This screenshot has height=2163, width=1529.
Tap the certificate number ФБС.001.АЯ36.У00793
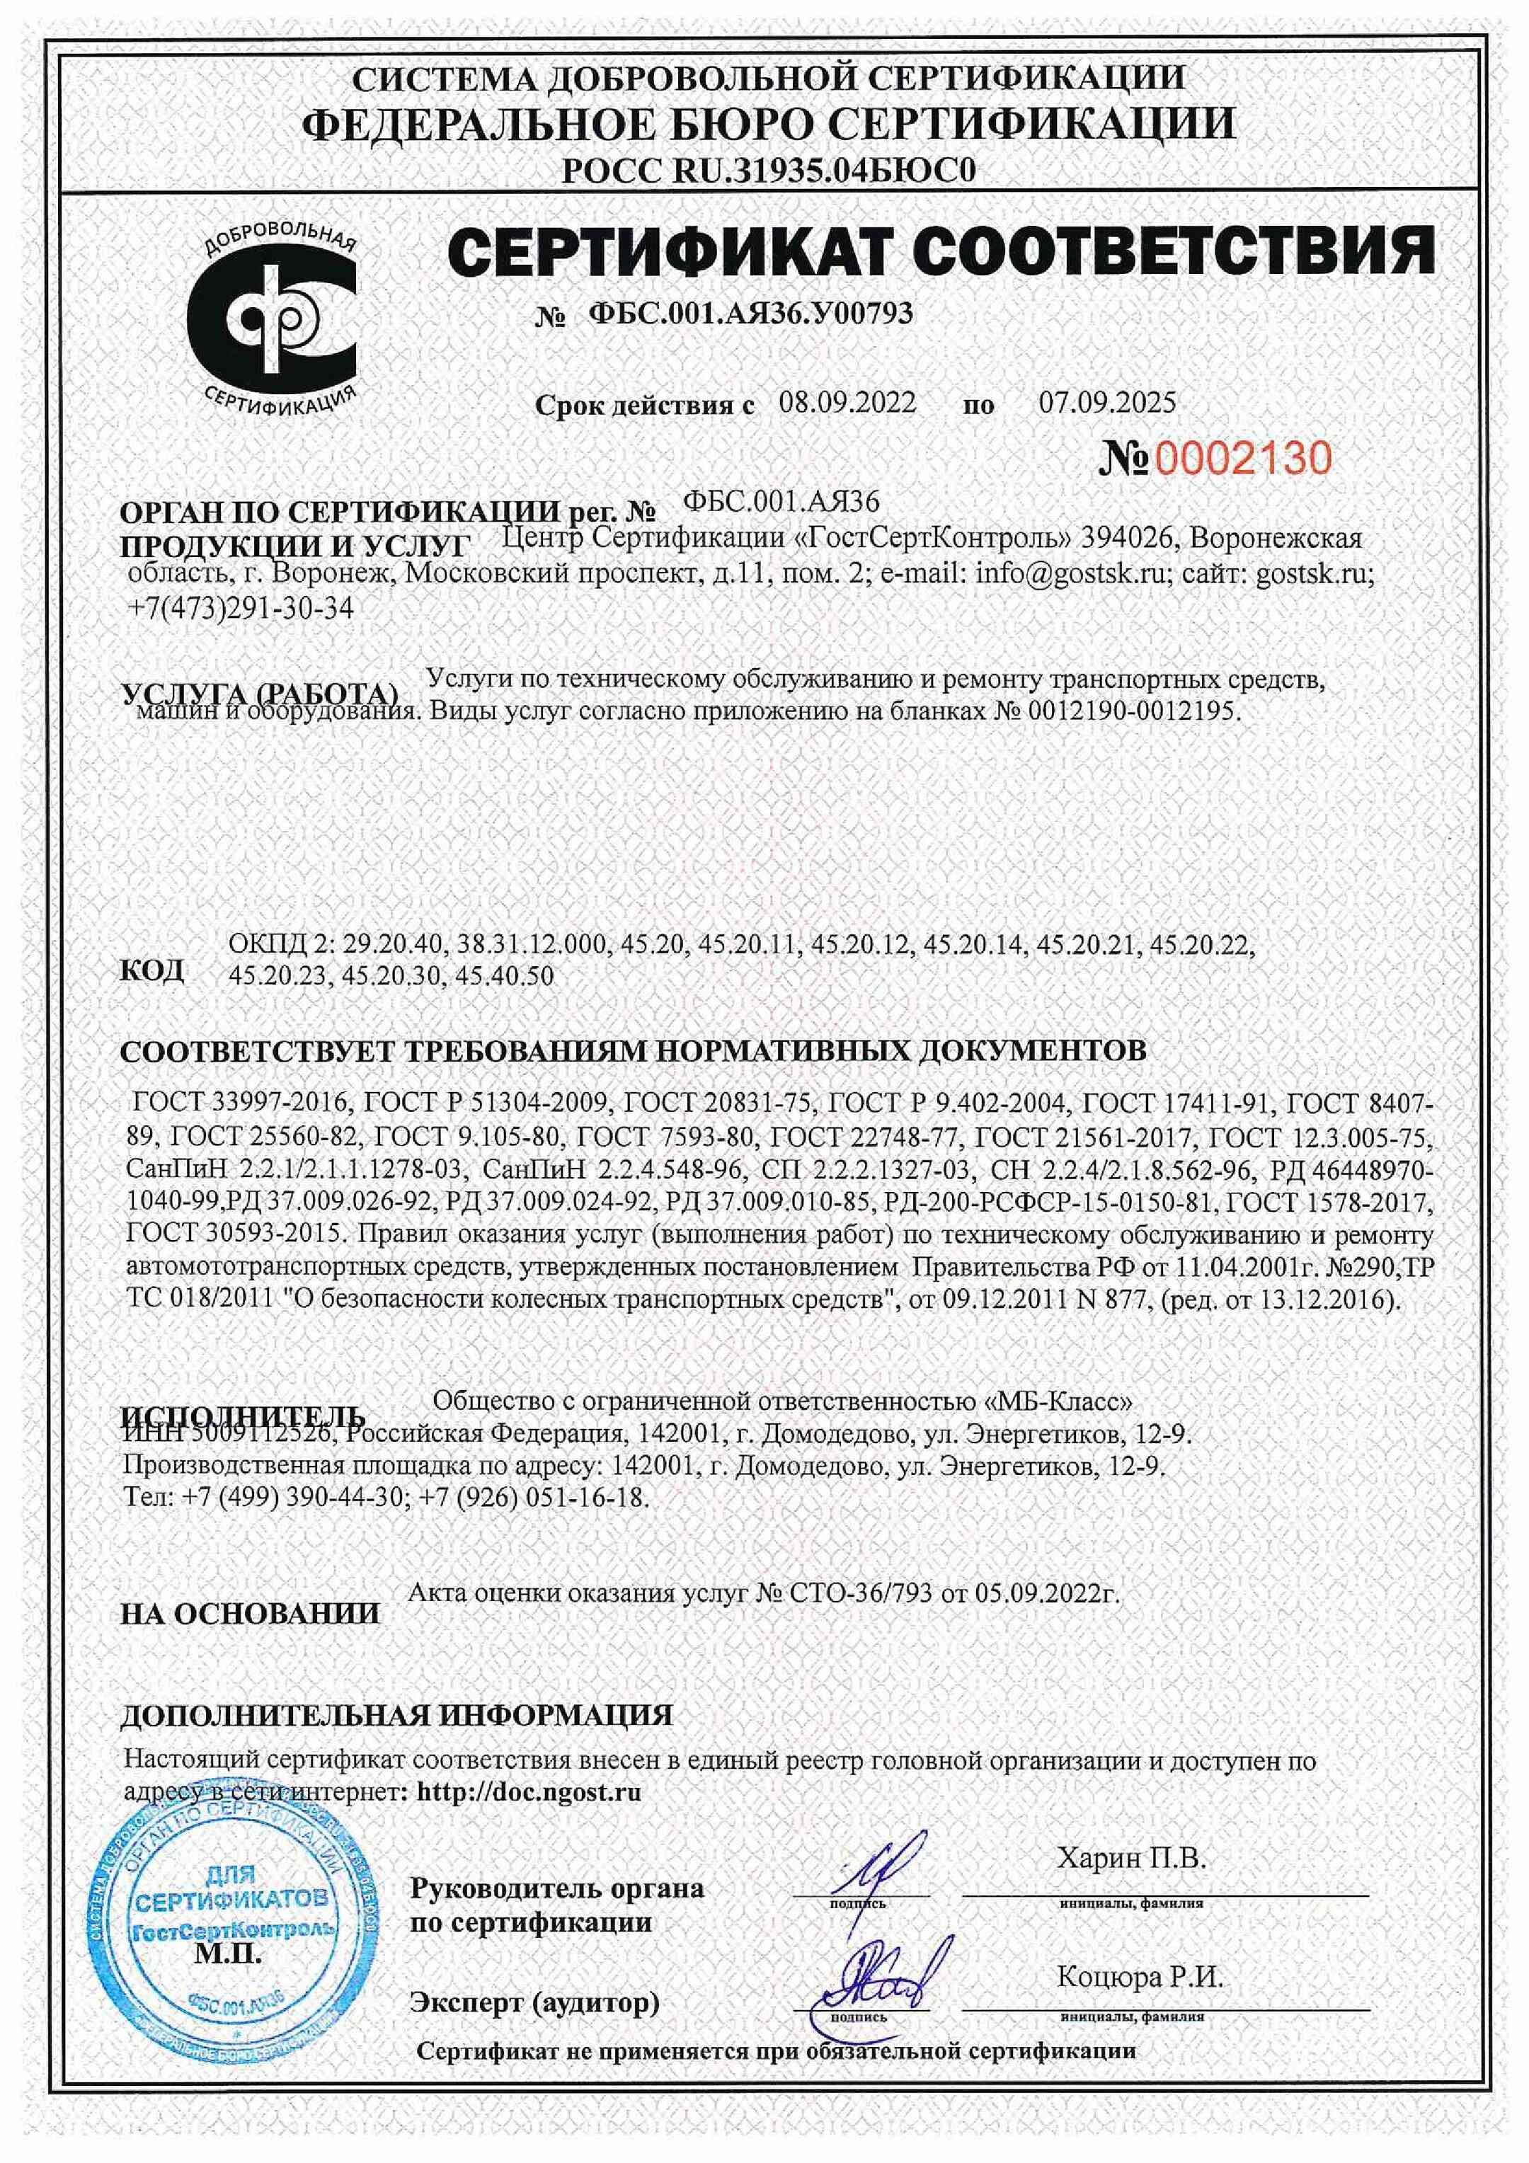[x=750, y=314]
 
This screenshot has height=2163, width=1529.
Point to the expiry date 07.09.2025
[x=1107, y=403]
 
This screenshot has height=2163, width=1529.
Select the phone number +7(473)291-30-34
[x=240, y=609]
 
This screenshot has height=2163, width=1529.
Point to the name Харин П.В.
[x=1130, y=1859]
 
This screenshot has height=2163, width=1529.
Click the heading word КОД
[x=151, y=970]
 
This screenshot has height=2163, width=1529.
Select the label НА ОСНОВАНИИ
[x=250, y=1614]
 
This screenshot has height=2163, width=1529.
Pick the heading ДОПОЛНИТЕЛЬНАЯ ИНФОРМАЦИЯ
[x=396, y=1716]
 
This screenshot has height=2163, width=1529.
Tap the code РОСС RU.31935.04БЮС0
[x=768, y=170]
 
